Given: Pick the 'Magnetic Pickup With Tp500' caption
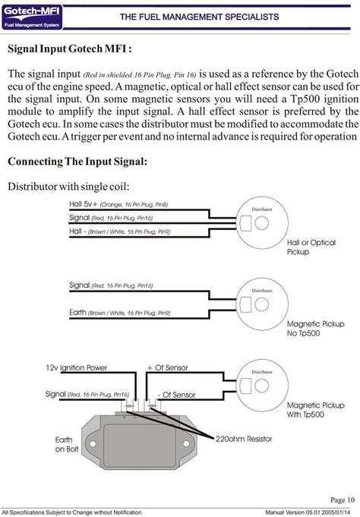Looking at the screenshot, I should pos(314,411).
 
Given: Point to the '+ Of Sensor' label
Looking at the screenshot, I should pos(166,367).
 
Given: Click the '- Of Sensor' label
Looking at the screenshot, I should pos(177,395).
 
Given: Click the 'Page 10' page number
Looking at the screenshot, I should pos(343,500).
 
